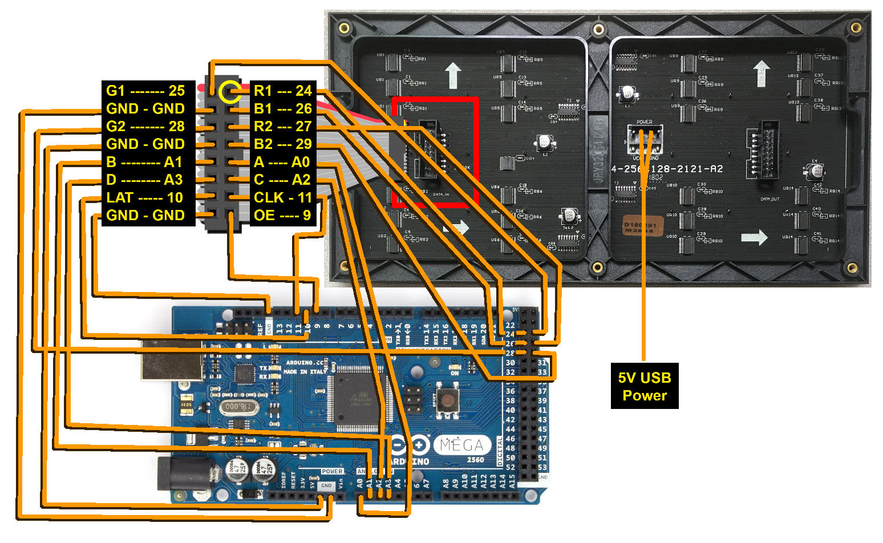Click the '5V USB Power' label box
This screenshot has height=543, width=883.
[x=645, y=386]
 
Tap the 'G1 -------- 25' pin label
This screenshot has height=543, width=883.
[x=145, y=90]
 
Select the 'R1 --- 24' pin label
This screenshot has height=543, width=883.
[x=282, y=90]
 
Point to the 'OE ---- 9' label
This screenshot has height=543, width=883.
[x=282, y=215]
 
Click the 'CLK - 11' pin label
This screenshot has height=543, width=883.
[x=282, y=197]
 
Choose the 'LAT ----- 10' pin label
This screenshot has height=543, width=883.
[x=145, y=197]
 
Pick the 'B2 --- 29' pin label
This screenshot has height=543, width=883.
[x=282, y=144]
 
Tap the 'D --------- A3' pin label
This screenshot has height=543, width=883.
[x=145, y=180]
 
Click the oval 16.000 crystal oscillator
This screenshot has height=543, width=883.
[x=237, y=407]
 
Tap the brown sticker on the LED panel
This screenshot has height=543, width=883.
[x=642, y=227]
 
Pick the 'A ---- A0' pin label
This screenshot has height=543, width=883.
[x=282, y=162]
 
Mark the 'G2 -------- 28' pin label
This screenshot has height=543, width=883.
[x=145, y=126]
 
